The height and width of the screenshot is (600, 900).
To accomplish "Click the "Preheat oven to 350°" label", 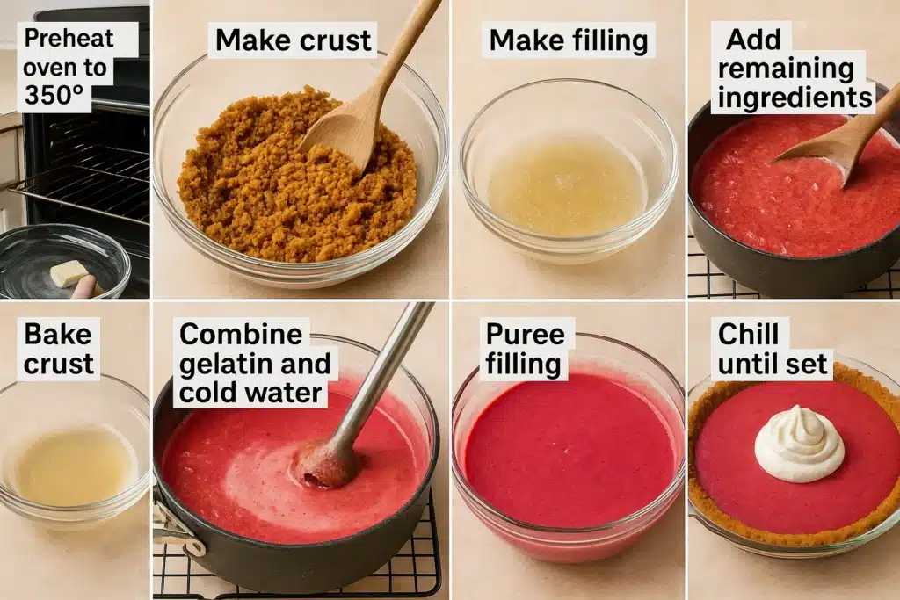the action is click(69, 67).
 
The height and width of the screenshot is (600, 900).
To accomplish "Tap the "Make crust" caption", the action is click(294, 40).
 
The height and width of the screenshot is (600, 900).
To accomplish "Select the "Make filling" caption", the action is click(569, 40).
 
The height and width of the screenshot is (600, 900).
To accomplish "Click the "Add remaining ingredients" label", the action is click(795, 69).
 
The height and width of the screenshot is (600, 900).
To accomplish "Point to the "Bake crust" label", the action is click(59, 349).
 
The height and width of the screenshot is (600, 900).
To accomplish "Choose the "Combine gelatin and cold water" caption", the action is click(255, 363).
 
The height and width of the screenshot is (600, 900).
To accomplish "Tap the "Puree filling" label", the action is click(525, 349).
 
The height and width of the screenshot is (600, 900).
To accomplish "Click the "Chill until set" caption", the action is click(773, 349).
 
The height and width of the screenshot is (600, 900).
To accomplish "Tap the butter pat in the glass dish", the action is click(69, 272).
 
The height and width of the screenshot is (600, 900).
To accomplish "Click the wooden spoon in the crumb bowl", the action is click(367, 91).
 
